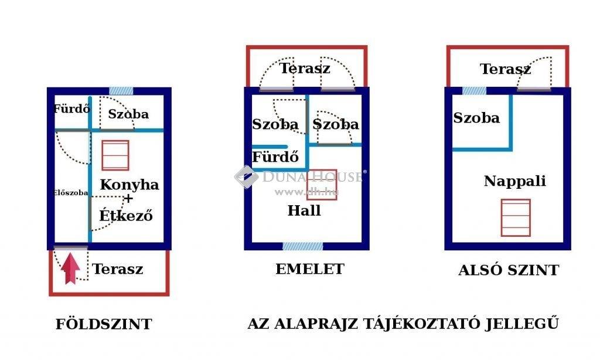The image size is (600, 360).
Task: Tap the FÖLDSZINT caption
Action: pos(104,324)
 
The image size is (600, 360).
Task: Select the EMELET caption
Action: pos(309,269)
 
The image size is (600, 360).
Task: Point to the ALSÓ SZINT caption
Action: pos(509,270)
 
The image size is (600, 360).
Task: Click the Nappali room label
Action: pos(514,181)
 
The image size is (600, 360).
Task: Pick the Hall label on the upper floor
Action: pos(304,210)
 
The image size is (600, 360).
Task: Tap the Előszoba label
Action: pos(71,193)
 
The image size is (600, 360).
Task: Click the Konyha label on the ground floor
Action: pos(129,185)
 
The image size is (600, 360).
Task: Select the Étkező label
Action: pos(126,215)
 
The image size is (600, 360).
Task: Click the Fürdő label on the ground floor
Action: pos(72,109)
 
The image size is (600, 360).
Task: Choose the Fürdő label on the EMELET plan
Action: pos(275,157)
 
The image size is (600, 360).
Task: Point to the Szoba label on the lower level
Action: pos(476,118)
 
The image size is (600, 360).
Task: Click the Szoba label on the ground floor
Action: pos(128,114)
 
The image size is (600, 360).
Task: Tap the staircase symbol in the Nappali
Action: pos(516,218)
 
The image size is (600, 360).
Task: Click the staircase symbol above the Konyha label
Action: pos(115,155)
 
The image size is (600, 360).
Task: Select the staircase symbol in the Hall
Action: pos(322,185)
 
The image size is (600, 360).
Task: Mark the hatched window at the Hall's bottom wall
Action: pos(303,246)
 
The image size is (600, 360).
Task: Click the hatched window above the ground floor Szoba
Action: pos(121,91)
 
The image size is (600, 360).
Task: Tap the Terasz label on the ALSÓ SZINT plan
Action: pos(505,69)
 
